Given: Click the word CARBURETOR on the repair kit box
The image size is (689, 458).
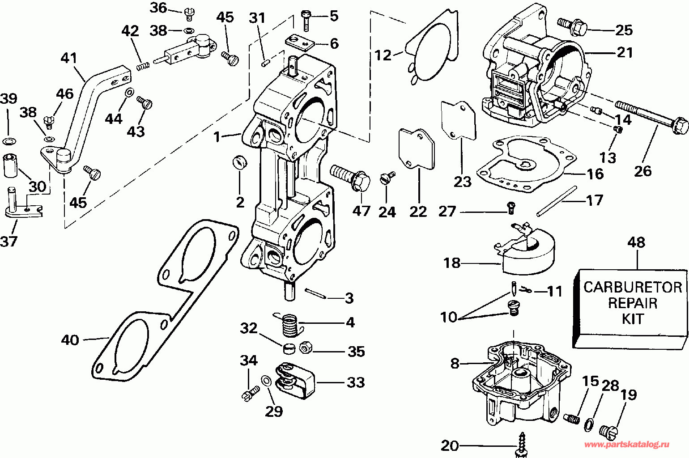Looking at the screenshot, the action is [633, 287].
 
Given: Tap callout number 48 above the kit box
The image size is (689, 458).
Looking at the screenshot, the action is [636, 242].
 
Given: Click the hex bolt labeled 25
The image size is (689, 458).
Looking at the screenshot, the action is [572, 26].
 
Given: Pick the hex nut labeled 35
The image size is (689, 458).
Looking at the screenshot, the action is [306, 348].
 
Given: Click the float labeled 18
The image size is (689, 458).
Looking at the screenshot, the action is [525, 249].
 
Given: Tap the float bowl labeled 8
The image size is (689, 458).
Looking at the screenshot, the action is [521, 383].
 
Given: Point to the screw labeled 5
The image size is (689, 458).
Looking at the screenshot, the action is [306, 21].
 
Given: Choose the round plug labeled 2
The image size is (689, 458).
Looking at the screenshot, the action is [239, 162].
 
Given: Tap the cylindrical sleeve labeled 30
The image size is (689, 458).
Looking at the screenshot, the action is [11, 166].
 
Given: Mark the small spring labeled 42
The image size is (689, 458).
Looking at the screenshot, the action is [143, 66].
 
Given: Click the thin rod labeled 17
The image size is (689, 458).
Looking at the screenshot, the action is [557, 201].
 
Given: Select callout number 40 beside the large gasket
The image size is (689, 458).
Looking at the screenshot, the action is [70, 340].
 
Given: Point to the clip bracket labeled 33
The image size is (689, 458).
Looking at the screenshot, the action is [295, 381].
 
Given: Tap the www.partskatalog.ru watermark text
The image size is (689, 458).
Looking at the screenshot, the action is [626, 445].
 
